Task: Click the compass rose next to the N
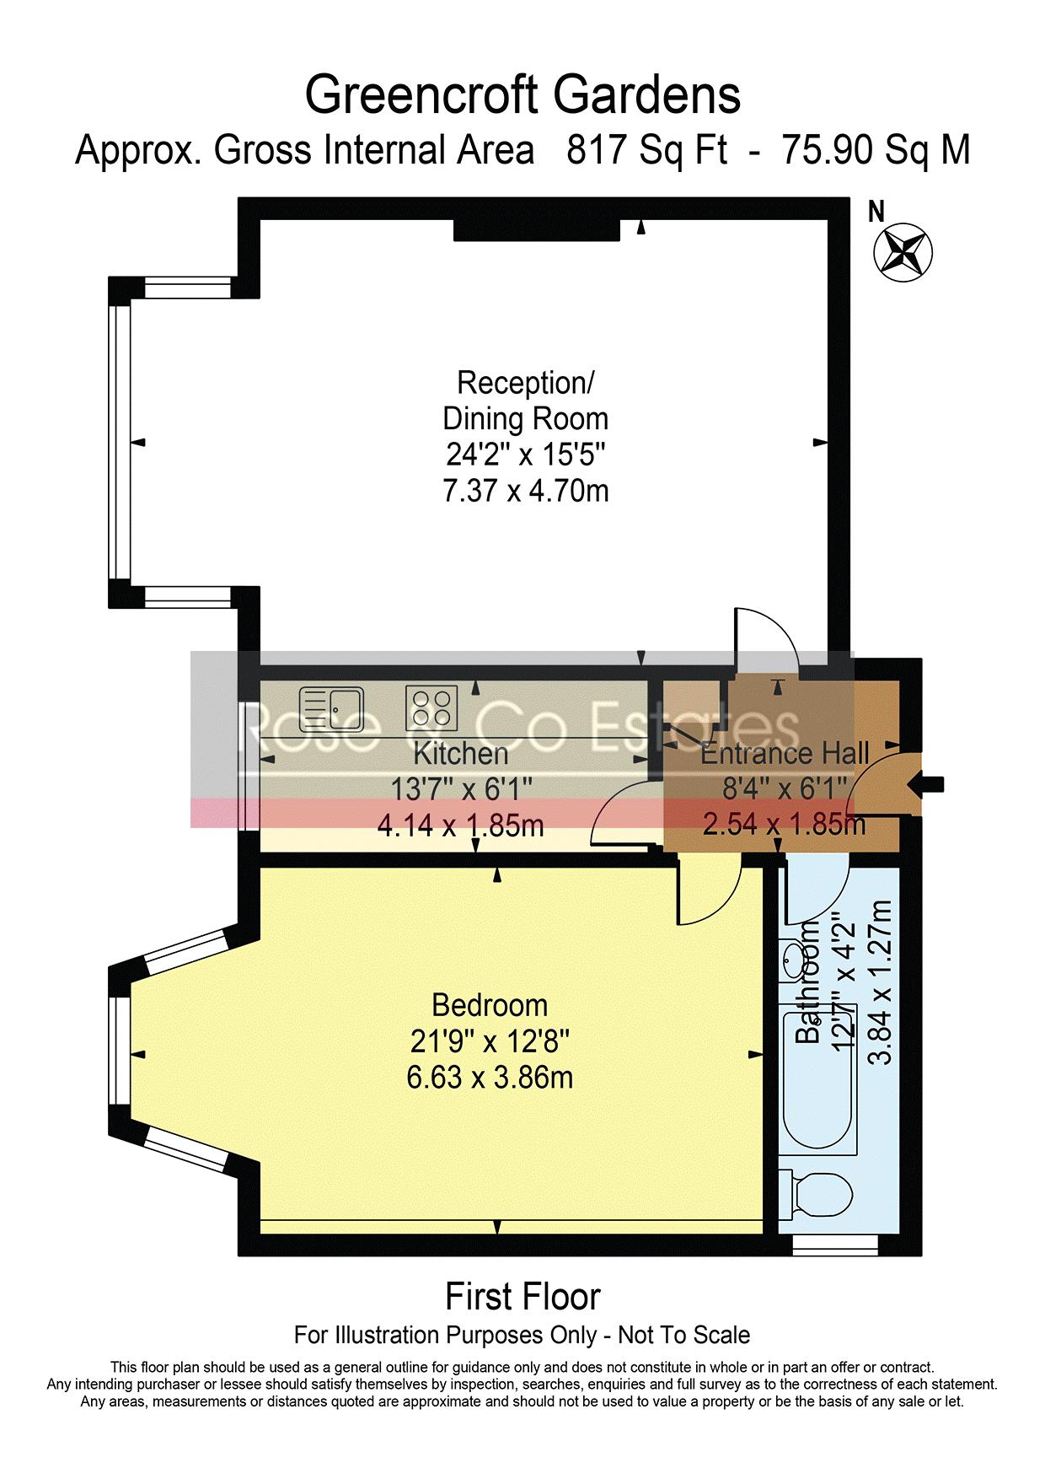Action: (903, 253)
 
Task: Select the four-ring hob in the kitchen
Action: (432, 708)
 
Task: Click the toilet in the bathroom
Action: (815, 1194)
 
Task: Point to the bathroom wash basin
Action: (794, 959)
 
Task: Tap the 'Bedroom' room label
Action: (490, 1005)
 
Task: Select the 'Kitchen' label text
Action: (461, 753)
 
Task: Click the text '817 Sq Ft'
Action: (647, 150)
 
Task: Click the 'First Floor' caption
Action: (522, 1296)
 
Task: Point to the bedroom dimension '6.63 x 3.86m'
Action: (490, 1077)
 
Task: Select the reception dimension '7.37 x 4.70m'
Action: (526, 490)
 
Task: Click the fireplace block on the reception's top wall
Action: (536, 229)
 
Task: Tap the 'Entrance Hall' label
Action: (785, 753)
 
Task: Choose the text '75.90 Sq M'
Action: (877, 150)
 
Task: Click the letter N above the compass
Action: (876, 212)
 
